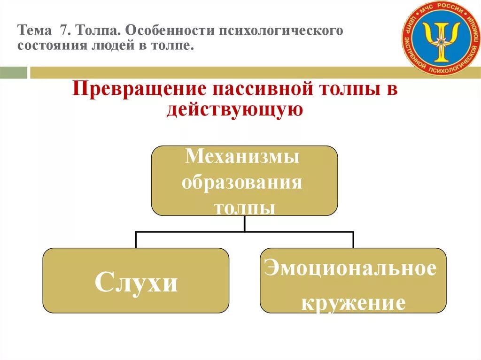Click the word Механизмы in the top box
tap(242, 156)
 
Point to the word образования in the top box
tap(242, 182)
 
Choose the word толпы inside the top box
tap(244, 207)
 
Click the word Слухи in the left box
tap(136, 282)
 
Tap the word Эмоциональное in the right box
tap(350, 269)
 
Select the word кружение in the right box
tap(353, 303)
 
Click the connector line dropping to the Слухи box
tap(136, 239)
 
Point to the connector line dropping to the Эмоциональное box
tap(353, 239)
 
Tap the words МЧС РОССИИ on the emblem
tap(440, 9)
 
